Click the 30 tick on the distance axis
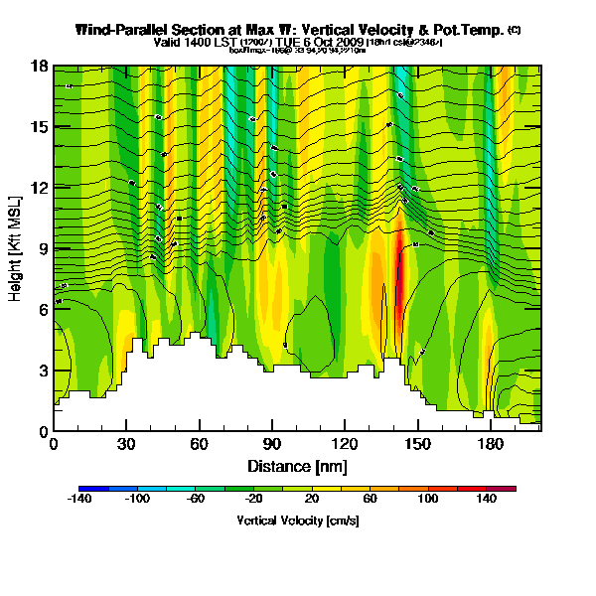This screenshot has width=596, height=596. click(126, 444)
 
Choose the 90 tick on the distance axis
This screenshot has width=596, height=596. click(247, 444)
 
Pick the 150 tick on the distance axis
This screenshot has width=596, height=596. click(369, 444)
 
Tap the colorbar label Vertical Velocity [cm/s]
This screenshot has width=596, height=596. click(297, 521)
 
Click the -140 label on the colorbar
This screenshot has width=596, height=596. click(79, 499)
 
